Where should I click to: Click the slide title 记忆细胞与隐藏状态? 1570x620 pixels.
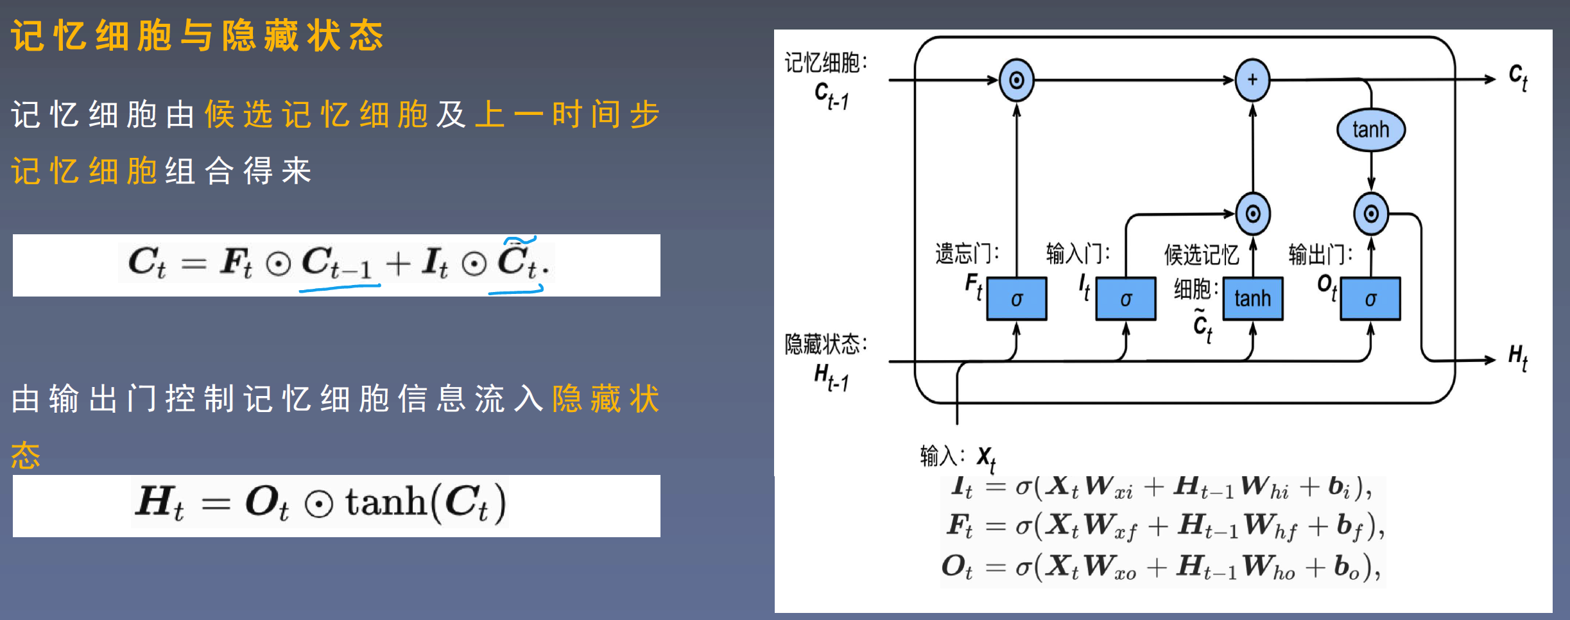197,35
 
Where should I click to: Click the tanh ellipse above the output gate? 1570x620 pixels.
1370,130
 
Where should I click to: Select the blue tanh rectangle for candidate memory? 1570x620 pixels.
1252,298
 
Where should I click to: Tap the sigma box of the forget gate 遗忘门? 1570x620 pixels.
1017,298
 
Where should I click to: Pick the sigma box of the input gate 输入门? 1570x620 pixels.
1126,298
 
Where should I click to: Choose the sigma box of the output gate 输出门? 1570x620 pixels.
1370,298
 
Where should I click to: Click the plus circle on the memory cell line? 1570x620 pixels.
1252,80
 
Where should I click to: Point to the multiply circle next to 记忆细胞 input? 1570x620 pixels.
1017,80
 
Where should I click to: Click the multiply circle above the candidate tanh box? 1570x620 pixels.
1252,214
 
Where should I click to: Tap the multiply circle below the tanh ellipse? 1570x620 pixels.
1371,214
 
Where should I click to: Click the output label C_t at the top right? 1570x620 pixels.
1518,77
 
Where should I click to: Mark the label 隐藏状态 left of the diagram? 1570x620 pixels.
825,344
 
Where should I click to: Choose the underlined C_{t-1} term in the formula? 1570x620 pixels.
337,263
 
